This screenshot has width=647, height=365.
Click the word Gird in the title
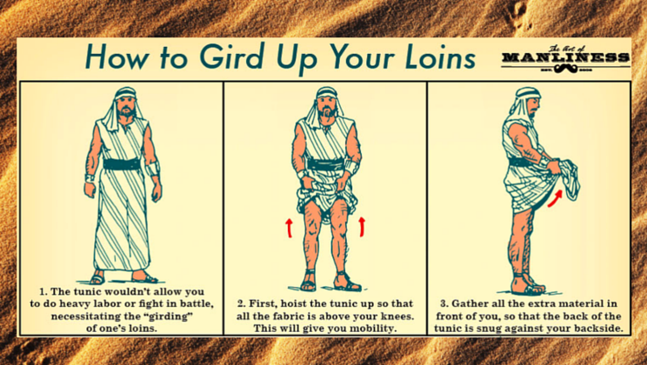(x=231, y=56)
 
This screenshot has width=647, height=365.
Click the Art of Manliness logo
(x=566, y=59)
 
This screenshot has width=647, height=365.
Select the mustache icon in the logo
(x=566, y=69)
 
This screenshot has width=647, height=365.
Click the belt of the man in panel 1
(x=122, y=164)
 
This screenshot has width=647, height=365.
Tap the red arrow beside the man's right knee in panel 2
(x=290, y=228)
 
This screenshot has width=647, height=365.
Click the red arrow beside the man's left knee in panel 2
(x=362, y=227)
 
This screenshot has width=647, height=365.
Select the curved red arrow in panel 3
(x=555, y=198)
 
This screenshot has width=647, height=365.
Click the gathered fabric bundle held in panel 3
(x=567, y=179)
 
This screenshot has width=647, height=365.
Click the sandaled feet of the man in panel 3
(x=526, y=284)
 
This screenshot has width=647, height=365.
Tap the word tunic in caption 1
(x=86, y=292)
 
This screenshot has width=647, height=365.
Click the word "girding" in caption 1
(x=170, y=316)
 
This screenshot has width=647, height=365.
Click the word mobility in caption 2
(x=373, y=328)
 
